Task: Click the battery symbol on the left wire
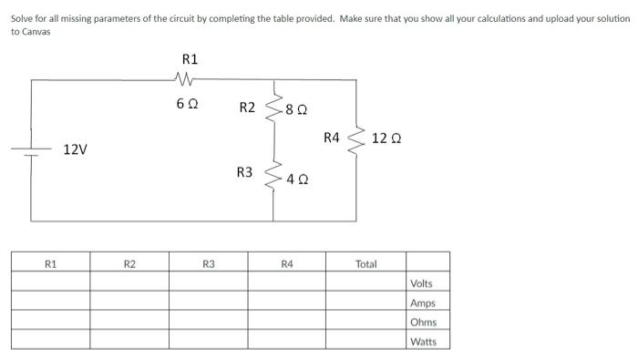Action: [x=32, y=152]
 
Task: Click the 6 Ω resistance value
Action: [x=187, y=103]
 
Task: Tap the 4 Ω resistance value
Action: [x=297, y=180]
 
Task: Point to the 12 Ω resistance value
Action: [x=386, y=139]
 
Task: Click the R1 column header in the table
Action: [x=50, y=264]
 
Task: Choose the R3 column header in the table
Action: [x=209, y=264]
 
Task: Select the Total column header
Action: [x=365, y=264]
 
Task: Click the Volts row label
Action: [x=421, y=283]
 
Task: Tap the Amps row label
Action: [x=422, y=303]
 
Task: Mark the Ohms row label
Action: [x=423, y=322]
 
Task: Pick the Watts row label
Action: [x=423, y=342]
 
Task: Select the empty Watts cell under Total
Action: [x=365, y=341]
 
